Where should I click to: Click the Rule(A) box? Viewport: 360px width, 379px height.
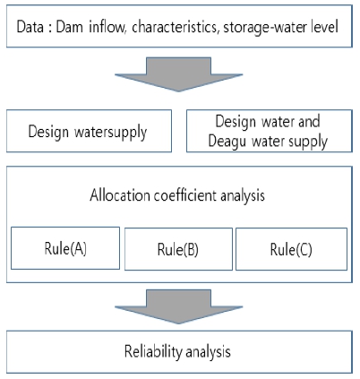(x=65, y=248)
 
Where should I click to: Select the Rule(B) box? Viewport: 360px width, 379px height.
(x=178, y=249)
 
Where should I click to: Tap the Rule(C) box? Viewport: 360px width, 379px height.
(x=291, y=249)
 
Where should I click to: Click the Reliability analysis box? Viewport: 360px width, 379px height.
(x=179, y=352)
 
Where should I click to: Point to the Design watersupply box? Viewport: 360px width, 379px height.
(x=89, y=131)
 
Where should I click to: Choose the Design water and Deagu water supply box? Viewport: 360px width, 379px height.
(x=270, y=131)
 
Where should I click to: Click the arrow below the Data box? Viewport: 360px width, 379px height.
(x=178, y=74)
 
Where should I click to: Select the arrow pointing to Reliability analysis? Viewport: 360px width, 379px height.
(x=178, y=306)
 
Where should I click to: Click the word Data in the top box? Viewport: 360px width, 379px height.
(x=30, y=27)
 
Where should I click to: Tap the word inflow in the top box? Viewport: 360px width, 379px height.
(x=107, y=27)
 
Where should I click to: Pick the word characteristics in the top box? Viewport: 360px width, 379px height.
(x=175, y=27)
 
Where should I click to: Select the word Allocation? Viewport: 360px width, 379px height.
(x=120, y=195)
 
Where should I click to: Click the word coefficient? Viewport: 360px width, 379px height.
(x=185, y=195)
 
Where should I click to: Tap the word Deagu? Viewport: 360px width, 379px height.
(x=227, y=142)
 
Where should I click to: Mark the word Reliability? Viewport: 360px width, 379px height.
(x=153, y=351)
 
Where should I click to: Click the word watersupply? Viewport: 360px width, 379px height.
(x=111, y=132)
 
